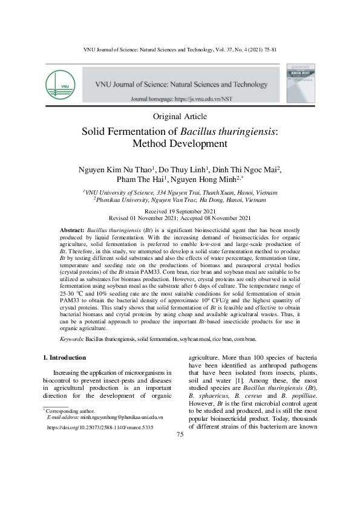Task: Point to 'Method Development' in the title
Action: [180, 144]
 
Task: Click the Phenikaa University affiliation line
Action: [180, 199]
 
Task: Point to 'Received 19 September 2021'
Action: [180, 210]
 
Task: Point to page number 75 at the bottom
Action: [180, 435]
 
